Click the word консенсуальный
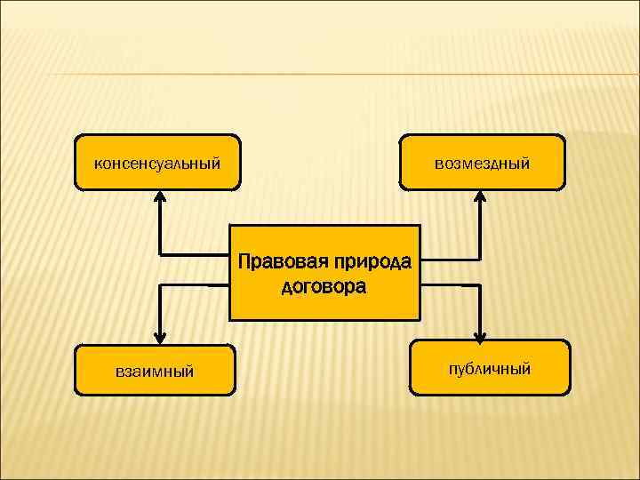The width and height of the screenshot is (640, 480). click(157, 164)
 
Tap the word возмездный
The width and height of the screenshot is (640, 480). click(482, 164)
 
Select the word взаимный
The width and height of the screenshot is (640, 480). click(155, 371)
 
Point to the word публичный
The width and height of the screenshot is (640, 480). click(490, 367)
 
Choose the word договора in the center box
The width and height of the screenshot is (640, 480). click(324, 287)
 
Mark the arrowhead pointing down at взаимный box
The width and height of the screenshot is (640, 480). click(159, 337)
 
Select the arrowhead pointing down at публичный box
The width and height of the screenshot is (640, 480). click(479, 336)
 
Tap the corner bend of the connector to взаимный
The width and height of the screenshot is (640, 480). click(159, 286)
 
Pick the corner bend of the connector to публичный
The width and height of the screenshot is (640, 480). click(479, 286)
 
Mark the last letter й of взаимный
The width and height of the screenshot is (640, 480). click(189, 370)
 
